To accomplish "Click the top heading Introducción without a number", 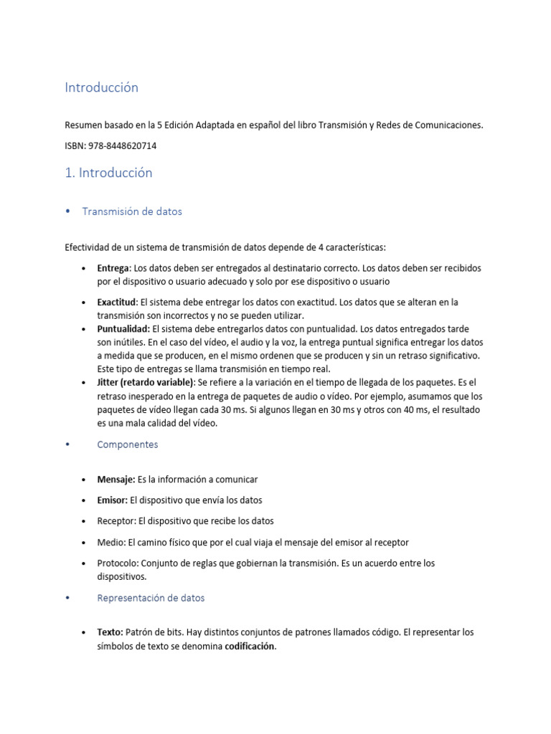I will pyautogui.click(x=101, y=87).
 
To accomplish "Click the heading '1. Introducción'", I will pyautogui.click(x=108, y=173).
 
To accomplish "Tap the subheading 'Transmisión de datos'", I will pyautogui.click(x=132, y=211).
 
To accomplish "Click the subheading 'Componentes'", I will pyautogui.click(x=127, y=444).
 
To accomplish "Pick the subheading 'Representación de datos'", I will pyautogui.click(x=151, y=598).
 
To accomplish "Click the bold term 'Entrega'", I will pyautogui.click(x=113, y=268).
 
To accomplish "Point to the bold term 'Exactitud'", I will pyautogui.click(x=117, y=302).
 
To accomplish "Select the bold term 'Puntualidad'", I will pyautogui.click(x=123, y=329).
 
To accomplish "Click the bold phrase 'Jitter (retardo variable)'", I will pyautogui.click(x=146, y=383).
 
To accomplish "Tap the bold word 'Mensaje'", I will pyautogui.click(x=116, y=479).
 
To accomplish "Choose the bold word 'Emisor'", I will pyautogui.click(x=112, y=500).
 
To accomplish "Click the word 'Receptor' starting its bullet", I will pyautogui.click(x=116, y=521).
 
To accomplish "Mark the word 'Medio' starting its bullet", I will pyautogui.click(x=110, y=543).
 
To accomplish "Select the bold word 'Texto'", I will pyautogui.click(x=110, y=633).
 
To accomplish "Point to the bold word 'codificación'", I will pyautogui.click(x=250, y=646).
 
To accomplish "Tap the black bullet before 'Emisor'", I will pyautogui.click(x=85, y=500).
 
